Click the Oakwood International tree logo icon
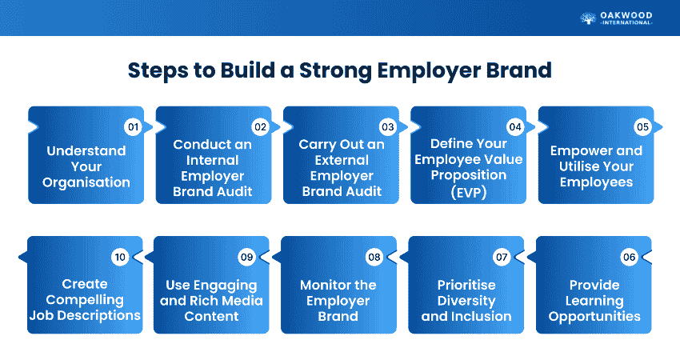point(588,18)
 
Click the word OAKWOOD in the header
point(626,16)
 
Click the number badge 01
point(133,127)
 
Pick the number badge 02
point(260,127)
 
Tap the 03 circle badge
point(388,127)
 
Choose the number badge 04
point(515,127)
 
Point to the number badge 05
point(642,127)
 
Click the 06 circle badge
point(630,258)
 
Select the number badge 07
point(502,258)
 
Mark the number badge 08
point(374,258)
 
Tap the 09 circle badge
point(246,258)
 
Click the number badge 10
point(120,258)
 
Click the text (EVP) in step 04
point(468,192)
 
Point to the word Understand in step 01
point(86,151)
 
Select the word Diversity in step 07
point(466,301)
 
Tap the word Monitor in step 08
point(322,285)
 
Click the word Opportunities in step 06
point(594,317)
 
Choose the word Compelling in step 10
point(85,300)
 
